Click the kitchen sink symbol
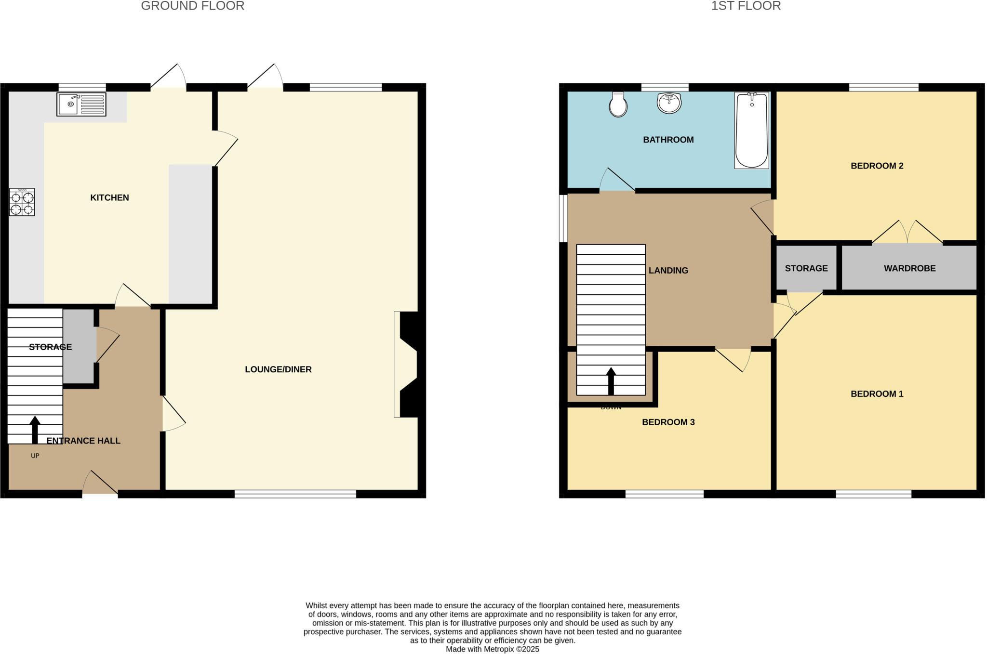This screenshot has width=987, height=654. point(81,104)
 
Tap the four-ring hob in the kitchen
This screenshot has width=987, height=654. point(22,202)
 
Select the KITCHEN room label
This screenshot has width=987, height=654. point(109,197)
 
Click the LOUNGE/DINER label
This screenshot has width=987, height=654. point(278,369)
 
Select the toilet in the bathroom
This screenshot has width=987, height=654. point(618,105)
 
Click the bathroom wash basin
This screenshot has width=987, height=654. point(669,103)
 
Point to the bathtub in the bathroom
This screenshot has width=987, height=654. point(751,130)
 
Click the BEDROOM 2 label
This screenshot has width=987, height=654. point(877,166)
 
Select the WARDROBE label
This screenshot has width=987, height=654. point(909,268)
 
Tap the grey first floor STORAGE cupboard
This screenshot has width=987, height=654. point(806,268)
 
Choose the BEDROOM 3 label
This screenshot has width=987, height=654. point(668,422)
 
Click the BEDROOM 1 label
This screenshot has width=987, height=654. point(877,393)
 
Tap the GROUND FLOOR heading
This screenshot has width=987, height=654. point(192,6)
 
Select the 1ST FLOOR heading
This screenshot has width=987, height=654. point(746,6)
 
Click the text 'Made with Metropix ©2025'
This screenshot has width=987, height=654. point(492,649)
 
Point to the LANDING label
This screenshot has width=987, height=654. point(668,270)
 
